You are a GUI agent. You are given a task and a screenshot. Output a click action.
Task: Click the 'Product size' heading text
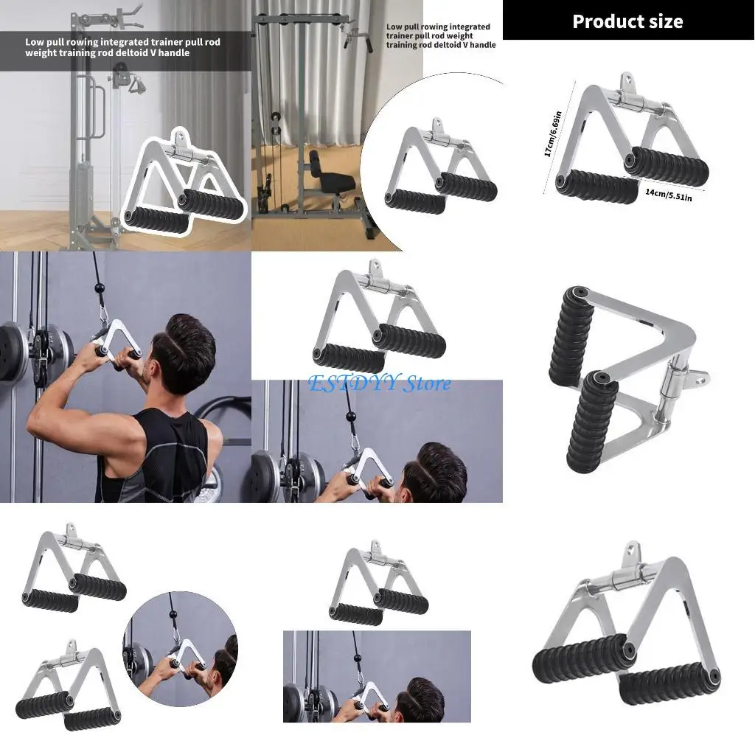point(627,21)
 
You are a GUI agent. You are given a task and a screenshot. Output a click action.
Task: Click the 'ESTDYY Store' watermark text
point(380,383)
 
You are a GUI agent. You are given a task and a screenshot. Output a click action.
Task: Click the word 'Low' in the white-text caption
point(34,42)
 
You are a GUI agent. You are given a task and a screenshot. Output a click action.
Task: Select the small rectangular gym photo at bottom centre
point(377,676)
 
